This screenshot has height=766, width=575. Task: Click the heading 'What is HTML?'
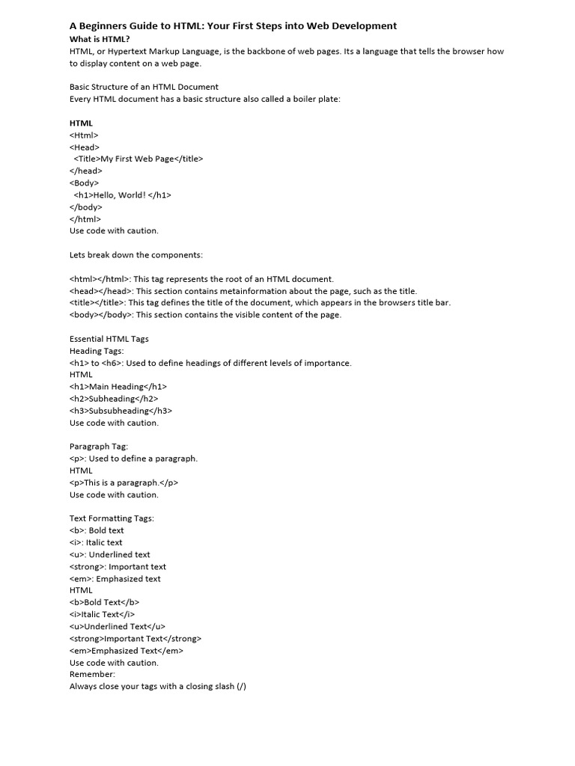pyautogui.click(x=100, y=39)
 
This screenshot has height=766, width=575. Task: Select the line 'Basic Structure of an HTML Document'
pyautogui.click(x=144, y=87)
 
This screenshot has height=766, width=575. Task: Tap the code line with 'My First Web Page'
pyautogui.click(x=139, y=159)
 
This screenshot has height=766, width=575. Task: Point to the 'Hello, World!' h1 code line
pyautogui.click(x=123, y=194)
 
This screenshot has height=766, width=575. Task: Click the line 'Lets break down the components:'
pyautogui.click(x=136, y=254)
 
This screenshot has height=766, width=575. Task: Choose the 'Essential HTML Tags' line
pyautogui.click(x=109, y=338)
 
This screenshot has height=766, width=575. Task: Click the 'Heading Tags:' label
pyautogui.click(x=97, y=350)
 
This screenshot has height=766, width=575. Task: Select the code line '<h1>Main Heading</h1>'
pyautogui.click(x=118, y=386)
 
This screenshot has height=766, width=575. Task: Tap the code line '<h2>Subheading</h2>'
pyautogui.click(x=113, y=398)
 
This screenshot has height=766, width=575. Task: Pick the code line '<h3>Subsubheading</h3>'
pyautogui.click(x=121, y=410)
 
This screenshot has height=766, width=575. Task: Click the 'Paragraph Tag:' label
pyautogui.click(x=99, y=446)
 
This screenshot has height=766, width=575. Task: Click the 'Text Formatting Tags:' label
pyautogui.click(x=111, y=518)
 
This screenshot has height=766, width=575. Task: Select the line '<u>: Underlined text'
pyautogui.click(x=109, y=554)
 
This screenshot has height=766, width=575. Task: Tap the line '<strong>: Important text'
pyautogui.click(x=118, y=566)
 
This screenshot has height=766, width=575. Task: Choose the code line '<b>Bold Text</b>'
pyautogui.click(x=104, y=602)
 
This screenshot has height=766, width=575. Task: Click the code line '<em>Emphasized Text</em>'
pyautogui.click(x=126, y=650)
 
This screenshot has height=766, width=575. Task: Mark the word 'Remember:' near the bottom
pyautogui.click(x=92, y=674)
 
